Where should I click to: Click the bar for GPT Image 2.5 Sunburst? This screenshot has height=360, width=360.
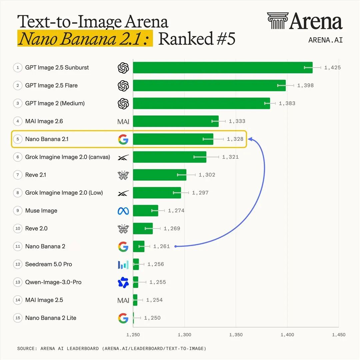(x=223, y=67)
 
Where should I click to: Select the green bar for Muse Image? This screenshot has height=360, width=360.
(x=146, y=211)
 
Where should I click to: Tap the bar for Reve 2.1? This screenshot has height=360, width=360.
(x=160, y=175)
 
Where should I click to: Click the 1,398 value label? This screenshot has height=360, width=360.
(x=305, y=85)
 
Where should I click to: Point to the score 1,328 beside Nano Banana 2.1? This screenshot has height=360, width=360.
(x=235, y=139)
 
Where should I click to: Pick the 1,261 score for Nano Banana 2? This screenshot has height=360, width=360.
(x=161, y=246)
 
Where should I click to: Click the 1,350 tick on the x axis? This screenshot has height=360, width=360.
(x=236, y=335)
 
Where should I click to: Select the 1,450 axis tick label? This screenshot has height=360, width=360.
(x=339, y=335)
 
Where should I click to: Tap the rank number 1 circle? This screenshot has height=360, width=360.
(x=18, y=67)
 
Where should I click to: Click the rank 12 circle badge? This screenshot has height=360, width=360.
(x=18, y=264)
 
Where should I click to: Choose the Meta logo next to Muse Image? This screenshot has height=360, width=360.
(x=123, y=211)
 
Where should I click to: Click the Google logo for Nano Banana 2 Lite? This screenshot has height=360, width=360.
(x=123, y=318)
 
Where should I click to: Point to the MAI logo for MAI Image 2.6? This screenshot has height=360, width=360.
(x=123, y=121)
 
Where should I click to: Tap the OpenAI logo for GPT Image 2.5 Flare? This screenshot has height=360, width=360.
(x=123, y=86)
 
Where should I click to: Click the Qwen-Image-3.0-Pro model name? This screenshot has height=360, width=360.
(x=53, y=282)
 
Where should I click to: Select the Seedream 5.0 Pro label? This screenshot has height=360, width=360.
(x=48, y=264)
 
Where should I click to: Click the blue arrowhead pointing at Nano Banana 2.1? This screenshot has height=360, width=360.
(x=250, y=139)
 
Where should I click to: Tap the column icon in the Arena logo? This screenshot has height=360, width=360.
(x=278, y=21)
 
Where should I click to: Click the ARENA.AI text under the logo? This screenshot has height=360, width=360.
(x=325, y=40)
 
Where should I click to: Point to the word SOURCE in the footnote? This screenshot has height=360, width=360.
(x=27, y=349)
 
